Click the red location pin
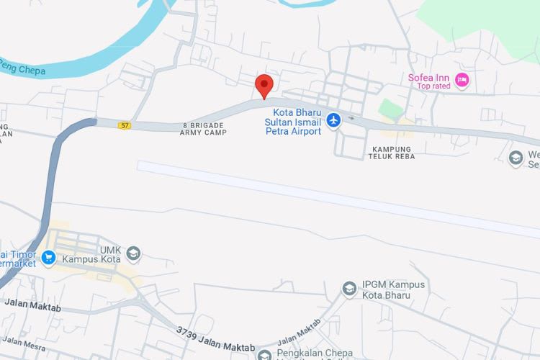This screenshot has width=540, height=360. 264,86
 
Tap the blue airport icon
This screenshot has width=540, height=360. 333,120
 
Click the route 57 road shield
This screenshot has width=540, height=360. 125,125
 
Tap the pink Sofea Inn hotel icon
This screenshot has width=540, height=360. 462,79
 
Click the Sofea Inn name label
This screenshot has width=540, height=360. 428,78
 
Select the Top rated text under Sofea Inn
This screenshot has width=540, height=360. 433,87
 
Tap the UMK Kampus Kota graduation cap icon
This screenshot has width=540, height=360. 133,253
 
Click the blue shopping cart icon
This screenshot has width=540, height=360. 48,258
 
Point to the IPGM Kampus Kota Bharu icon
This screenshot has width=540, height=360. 349,289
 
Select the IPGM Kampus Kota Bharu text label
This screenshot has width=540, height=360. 386,290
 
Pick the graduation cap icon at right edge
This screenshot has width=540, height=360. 516,158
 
